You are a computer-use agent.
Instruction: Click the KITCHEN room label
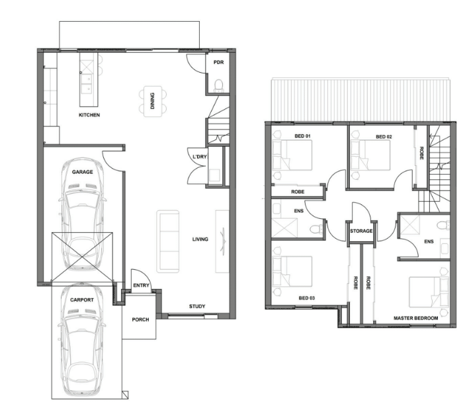[89, 115]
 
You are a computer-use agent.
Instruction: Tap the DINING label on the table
[152, 101]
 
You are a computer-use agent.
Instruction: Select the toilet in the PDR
[218, 85]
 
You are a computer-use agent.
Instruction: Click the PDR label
[218, 62]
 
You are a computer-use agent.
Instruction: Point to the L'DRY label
[200, 157]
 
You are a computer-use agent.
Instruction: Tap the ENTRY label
[141, 286]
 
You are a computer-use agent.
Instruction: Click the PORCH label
[140, 319]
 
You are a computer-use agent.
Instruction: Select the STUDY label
[197, 307]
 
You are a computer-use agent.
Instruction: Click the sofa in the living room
[168, 241]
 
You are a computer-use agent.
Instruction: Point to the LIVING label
[200, 239]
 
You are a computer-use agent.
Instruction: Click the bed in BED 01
[292, 155]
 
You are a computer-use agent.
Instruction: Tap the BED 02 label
[384, 137]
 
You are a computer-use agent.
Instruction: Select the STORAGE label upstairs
[361, 231]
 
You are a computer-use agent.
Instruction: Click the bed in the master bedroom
[429, 292]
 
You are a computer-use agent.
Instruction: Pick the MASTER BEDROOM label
[416, 318]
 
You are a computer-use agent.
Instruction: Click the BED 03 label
[307, 298]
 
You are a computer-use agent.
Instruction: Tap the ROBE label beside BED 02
[421, 153]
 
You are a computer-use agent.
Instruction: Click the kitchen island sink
[86, 84]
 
